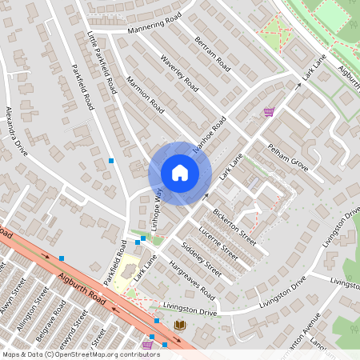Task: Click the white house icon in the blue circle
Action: [x=180, y=173]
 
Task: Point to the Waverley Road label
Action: [x=178, y=71]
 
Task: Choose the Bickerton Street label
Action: [x=234, y=227]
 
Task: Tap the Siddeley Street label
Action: [x=201, y=257]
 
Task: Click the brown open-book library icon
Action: [x=179, y=324]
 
